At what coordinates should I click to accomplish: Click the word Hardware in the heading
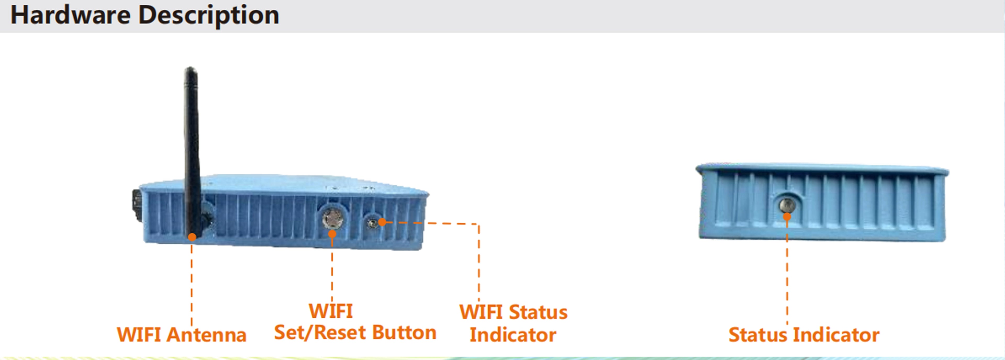coord(70,16)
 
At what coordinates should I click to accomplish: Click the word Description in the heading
coord(209,16)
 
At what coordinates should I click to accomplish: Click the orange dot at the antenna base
coord(192,237)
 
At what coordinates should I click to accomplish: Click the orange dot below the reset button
coord(332,234)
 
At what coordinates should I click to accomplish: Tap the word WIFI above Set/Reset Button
coord(331,311)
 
